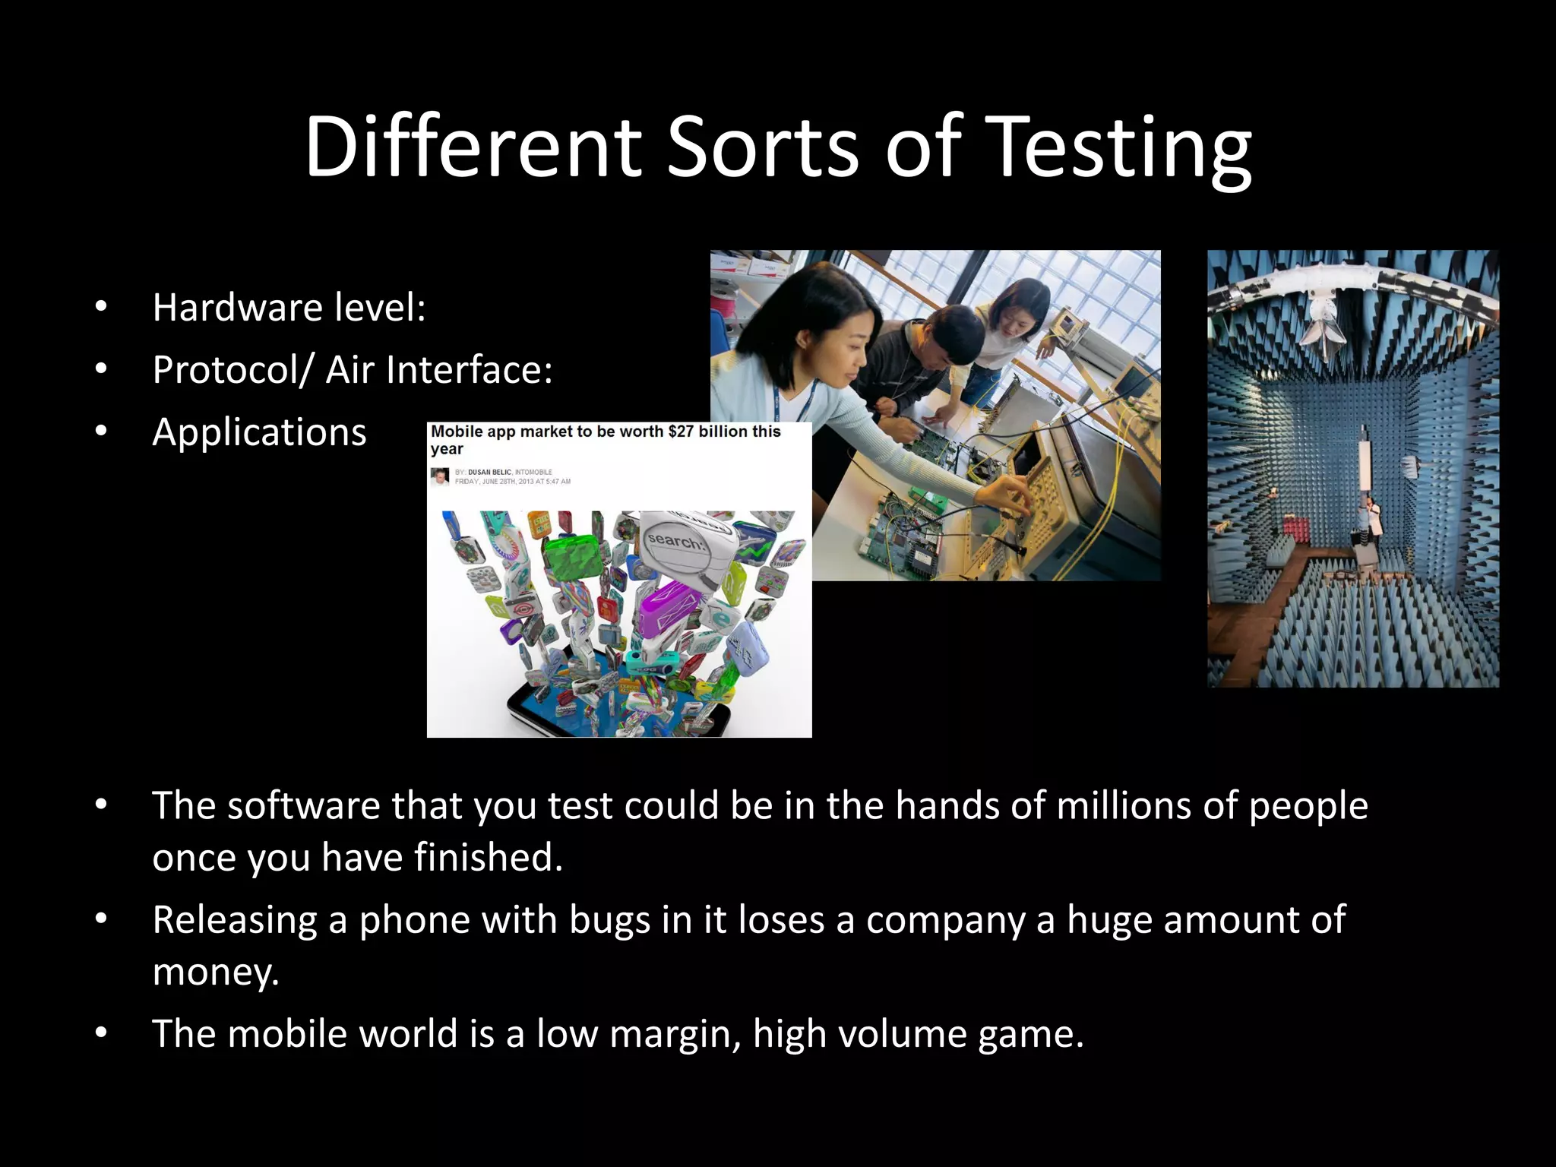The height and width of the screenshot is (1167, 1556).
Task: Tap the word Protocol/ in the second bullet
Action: click(x=232, y=370)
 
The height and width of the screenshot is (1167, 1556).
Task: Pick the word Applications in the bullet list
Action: click(x=259, y=432)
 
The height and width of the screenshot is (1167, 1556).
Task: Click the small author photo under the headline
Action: click(x=439, y=476)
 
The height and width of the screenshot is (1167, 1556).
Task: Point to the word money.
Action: click(x=215, y=972)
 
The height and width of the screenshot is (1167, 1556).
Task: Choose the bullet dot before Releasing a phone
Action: click(x=102, y=920)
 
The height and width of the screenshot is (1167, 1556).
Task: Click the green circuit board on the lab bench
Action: click(x=904, y=524)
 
